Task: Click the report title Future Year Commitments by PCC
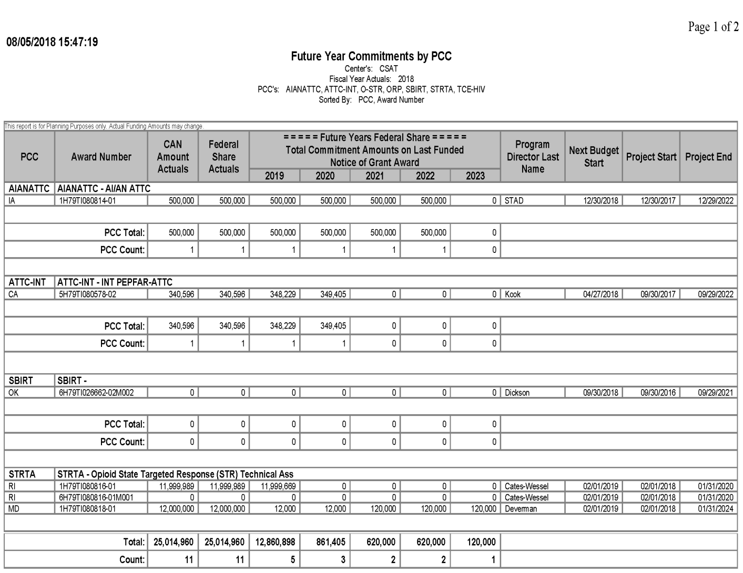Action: click(371, 56)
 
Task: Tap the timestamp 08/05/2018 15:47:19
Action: click(52, 42)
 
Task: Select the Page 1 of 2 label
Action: click(713, 27)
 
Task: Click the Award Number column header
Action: click(101, 157)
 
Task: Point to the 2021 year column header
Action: click(374, 176)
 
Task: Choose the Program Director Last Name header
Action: click(532, 157)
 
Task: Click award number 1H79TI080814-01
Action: click(88, 200)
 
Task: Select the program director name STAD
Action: click(514, 200)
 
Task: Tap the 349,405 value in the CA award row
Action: click(333, 294)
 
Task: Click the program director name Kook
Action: click(513, 294)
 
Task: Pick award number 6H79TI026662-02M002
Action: click(96, 392)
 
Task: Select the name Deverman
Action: click(521, 509)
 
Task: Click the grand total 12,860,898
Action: click(275, 542)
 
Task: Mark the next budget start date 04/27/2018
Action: click(600, 294)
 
